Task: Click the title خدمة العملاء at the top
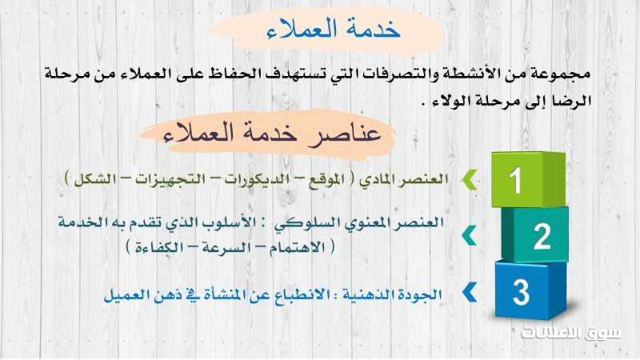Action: tap(333, 30)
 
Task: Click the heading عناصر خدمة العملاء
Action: tap(271, 133)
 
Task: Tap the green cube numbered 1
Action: tap(529, 179)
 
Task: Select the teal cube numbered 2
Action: tap(535, 234)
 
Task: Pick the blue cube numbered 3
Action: tap(530, 290)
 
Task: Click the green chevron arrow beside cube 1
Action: tap(470, 180)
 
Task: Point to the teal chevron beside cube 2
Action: tap(470, 235)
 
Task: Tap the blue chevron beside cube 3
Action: tap(470, 292)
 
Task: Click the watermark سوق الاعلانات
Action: tap(571, 333)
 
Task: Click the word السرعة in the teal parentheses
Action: tap(225, 247)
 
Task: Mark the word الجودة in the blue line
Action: tap(422, 294)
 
